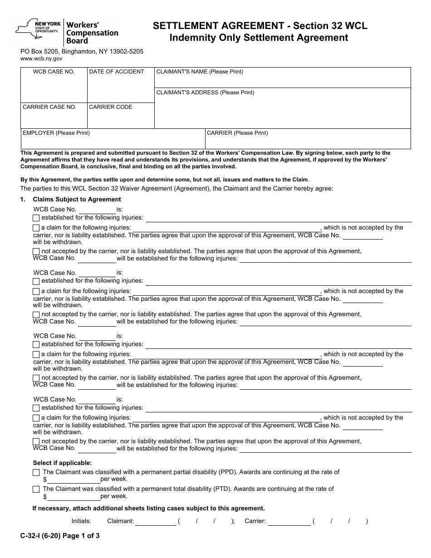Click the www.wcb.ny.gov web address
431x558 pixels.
click(41, 59)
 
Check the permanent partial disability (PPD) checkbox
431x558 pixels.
click(36, 472)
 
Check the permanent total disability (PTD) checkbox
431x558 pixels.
click(36, 489)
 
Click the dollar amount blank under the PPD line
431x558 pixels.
click(73, 480)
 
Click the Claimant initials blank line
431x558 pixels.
click(156, 522)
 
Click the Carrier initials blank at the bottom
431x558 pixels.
click(289, 522)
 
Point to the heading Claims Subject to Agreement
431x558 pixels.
click(77, 199)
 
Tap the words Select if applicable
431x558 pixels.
click(62, 463)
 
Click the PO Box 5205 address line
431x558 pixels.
click(82, 51)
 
